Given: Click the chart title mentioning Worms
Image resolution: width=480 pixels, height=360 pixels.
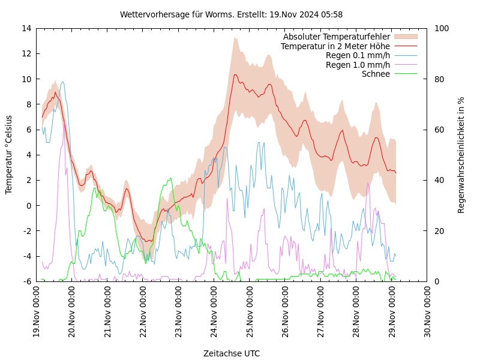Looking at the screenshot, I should (x=232, y=14).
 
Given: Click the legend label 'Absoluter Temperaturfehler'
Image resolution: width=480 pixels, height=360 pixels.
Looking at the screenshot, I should (x=337, y=37).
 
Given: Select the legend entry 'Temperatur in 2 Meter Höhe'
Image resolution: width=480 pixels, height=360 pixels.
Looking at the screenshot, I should (x=335, y=46).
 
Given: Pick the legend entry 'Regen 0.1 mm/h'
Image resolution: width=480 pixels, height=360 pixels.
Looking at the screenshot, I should (x=358, y=56).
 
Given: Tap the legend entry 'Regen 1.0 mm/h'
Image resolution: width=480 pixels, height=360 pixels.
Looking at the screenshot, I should (x=358, y=65).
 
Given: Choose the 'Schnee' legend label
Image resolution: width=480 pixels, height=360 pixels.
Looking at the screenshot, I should (x=376, y=74).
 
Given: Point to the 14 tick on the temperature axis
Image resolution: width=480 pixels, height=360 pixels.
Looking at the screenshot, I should (x=26, y=28).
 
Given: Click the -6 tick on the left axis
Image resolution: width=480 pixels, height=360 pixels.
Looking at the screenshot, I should (x=27, y=281).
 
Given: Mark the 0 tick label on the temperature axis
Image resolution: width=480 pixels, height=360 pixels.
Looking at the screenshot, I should (x=28, y=205).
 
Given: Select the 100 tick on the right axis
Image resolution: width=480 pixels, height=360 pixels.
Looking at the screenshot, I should (x=441, y=28).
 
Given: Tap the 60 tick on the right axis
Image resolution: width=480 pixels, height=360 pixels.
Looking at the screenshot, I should (x=439, y=130).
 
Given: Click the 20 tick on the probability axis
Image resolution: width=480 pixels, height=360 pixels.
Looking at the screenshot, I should (x=439, y=231).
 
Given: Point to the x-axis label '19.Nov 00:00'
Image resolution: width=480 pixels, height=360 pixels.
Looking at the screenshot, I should (x=37, y=313).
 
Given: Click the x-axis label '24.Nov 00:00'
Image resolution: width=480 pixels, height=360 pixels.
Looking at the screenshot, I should (x=214, y=313).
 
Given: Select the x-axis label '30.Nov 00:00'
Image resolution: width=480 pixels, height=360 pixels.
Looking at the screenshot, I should (x=428, y=313).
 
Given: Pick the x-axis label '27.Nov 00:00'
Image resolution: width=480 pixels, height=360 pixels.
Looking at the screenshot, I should (x=321, y=313).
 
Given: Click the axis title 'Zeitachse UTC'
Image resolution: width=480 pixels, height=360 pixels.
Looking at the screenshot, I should (x=232, y=353).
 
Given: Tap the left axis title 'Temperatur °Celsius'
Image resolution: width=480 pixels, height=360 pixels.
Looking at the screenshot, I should (x=9, y=154).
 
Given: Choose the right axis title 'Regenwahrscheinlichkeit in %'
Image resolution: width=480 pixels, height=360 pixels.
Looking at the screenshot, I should (x=461, y=155).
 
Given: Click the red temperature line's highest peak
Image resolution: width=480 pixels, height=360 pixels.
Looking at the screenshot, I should (x=235, y=75).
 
